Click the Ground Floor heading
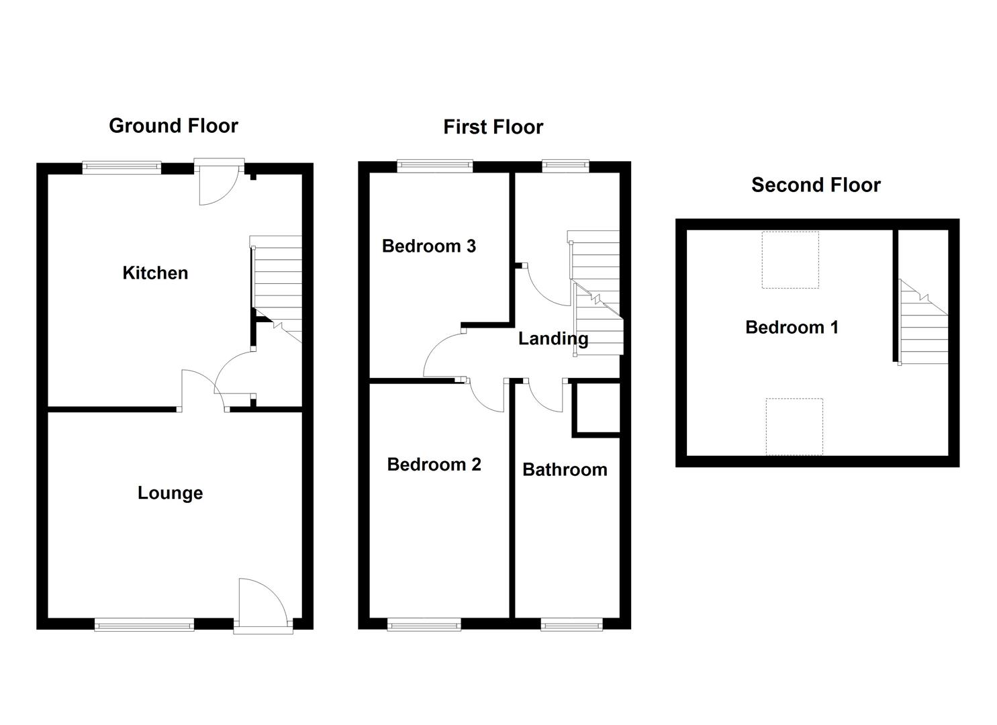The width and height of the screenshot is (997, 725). click(x=173, y=126)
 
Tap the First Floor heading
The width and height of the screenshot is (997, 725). click(x=493, y=127)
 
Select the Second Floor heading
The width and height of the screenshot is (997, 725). click(x=816, y=185)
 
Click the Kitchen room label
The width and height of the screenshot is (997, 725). click(x=155, y=273)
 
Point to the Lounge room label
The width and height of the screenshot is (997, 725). click(x=170, y=493)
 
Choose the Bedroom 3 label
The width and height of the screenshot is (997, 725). click(x=429, y=246)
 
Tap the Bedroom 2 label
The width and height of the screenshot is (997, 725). click(x=434, y=465)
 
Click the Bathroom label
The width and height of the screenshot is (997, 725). click(x=565, y=470)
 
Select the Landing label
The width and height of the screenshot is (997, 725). click(x=553, y=339)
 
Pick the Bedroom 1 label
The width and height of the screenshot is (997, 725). click(x=792, y=328)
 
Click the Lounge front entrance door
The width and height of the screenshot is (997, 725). click(x=262, y=604)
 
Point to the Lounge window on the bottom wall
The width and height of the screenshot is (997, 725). click(x=144, y=626)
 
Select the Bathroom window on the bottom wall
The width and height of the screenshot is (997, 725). click(x=572, y=625)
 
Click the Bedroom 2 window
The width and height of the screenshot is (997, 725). click(x=424, y=625)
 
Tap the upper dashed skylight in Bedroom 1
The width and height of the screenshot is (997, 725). click(x=790, y=260)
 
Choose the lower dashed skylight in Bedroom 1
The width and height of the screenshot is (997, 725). click(x=794, y=426)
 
